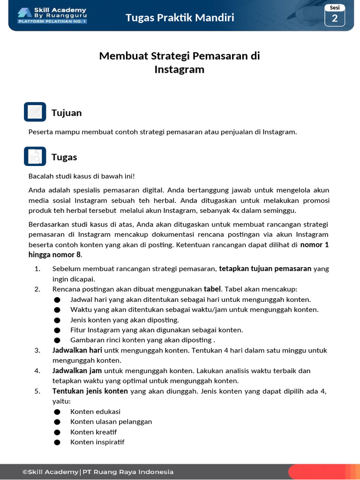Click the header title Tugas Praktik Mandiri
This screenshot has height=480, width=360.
[180, 18]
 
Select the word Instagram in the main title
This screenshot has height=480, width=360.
[180, 70]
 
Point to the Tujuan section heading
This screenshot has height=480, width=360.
[67, 113]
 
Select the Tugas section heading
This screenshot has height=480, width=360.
[64, 157]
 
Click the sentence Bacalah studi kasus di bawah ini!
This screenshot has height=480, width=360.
[82, 176]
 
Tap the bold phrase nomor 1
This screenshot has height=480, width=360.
[315, 245]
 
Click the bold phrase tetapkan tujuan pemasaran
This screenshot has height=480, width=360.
[265, 269]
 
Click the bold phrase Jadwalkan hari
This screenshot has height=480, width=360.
[77, 351]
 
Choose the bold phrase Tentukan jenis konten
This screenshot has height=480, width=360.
[90, 391]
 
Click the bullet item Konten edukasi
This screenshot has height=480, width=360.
[95, 412]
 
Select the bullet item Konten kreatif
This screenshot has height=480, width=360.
[93, 432]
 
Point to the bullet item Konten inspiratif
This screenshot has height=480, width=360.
[97, 442]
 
